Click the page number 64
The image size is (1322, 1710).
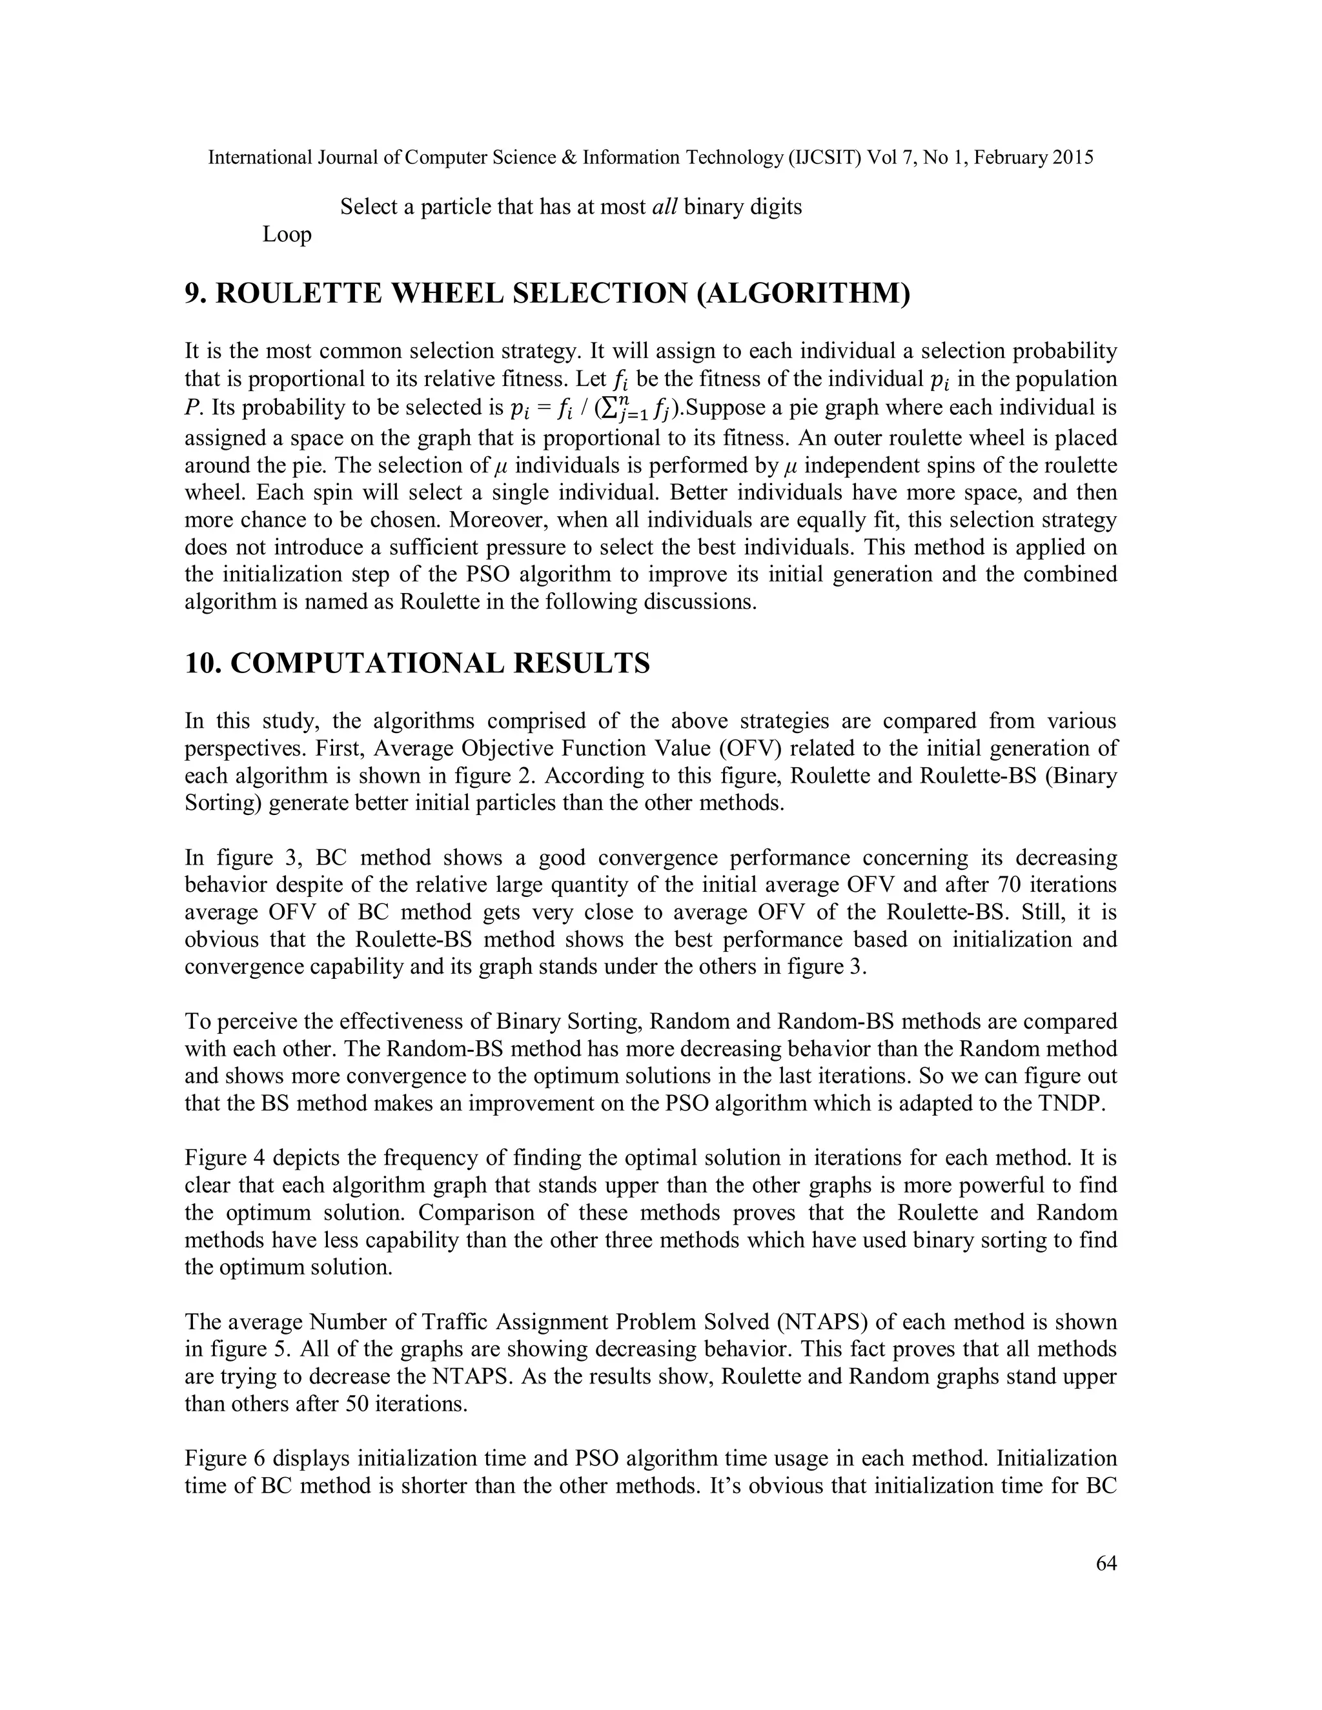click(1106, 1564)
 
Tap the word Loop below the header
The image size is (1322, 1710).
click(287, 234)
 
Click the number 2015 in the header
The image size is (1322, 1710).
click(1072, 157)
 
